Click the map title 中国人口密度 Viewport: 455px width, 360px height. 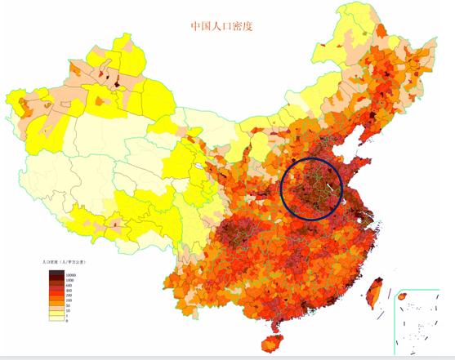pyautogui.click(x=221, y=25)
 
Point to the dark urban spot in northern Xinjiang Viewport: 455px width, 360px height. pyautogui.click(x=118, y=83)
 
